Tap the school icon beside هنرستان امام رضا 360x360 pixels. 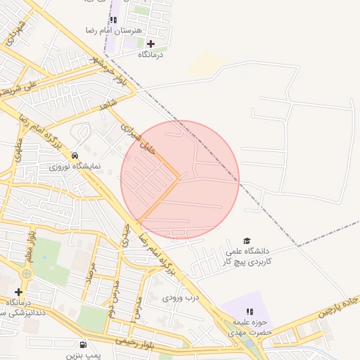pyautogui.click(x=114, y=20)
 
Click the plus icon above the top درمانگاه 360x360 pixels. pyautogui.click(x=150, y=44)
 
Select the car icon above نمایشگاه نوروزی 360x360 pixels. pyautogui.click(x=75, y=155)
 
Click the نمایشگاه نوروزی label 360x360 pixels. pyautogui.click(x=75, y=167)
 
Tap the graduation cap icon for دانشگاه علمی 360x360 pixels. pyautogui.click(x=247, y=240)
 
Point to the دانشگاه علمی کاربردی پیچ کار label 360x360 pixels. pyautogui.click(x=248, y=255)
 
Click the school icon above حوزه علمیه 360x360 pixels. pyautogui.click(x=249, y=311)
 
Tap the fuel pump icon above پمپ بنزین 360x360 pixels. pyautogui.click(x=84, y=345)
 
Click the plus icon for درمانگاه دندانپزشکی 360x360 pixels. pyautogui.click(x=18, y=292)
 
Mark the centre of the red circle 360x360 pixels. pyautogui.click(x=180, y=180)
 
